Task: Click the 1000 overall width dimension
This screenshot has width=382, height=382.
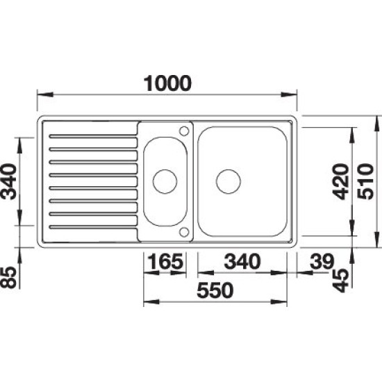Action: coord(167,83)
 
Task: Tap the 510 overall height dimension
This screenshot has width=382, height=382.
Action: coord(365,181)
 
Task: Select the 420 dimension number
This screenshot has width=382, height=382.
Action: coord(341,181)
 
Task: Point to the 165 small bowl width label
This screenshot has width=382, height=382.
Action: coord(165,261)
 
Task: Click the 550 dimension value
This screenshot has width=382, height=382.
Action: coord(215,290)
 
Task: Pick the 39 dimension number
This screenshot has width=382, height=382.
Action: coord(322,261)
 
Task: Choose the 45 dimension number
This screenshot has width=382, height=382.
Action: coord(341,280)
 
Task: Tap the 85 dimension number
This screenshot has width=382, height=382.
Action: coord(8,277)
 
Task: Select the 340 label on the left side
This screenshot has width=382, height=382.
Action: coord(8,181)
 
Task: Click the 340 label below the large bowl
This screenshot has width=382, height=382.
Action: coord(242,261)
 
